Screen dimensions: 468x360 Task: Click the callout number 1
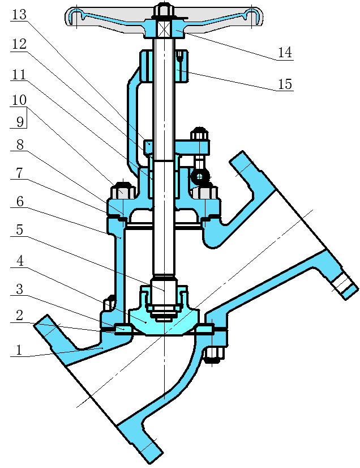19,350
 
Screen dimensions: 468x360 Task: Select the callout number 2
19,316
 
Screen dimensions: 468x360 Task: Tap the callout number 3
19,290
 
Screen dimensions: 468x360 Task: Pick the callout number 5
19,231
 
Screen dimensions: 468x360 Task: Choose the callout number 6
19,202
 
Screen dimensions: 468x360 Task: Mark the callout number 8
19,145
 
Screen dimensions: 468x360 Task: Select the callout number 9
19,121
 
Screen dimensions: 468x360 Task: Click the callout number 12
19,44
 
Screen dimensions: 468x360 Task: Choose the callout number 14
285,53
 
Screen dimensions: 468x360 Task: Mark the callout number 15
285,84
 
